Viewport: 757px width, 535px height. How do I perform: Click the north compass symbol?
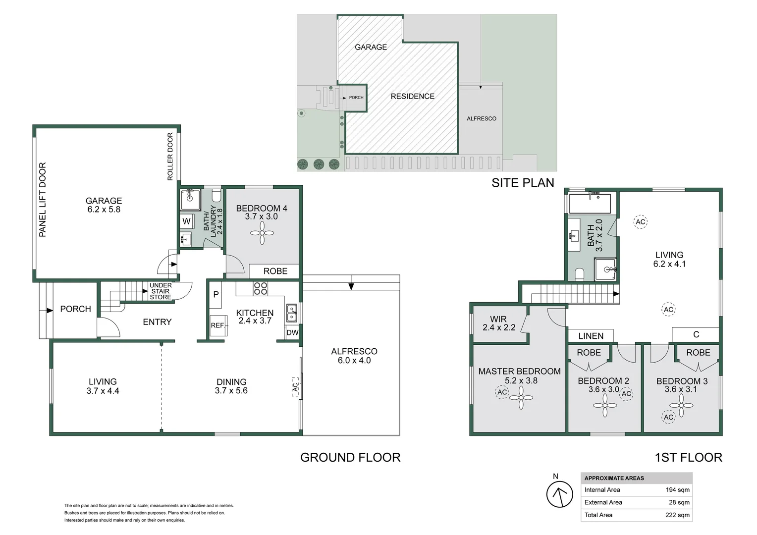click(x=559, y=494)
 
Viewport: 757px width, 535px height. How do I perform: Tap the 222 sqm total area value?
click(x=677, y=515)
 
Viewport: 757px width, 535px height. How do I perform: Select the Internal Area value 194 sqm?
click(x=677, y=489)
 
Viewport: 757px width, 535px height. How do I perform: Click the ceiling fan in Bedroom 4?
click(x=262, y=232)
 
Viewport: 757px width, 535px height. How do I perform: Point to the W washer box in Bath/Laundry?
click(x=186, y=221)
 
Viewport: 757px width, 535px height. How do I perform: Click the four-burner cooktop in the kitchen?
click(x=261, y=288)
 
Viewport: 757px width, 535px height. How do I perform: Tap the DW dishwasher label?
click(x=292, y=332)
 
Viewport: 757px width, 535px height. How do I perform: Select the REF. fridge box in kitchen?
click(x=217, y=325)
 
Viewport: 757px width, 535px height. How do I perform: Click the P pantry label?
click(x=216, y=294)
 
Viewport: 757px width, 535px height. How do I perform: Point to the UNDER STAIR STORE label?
click(x=161, y=291)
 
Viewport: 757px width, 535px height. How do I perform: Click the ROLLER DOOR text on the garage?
click(x=170, y=157)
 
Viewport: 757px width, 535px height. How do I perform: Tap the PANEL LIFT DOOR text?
click(x=43, y=200)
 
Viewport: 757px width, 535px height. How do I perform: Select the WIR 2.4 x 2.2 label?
click(x=498, y=323)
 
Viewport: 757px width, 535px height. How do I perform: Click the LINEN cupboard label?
click(x=591, y=336)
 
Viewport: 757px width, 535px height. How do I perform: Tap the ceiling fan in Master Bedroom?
click(x=521, y=397)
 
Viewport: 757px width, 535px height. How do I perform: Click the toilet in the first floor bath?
click(x=580, y=274)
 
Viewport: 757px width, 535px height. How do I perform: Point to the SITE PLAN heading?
click(x=523, y=183)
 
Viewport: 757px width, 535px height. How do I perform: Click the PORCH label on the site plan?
click(x=356, y=98)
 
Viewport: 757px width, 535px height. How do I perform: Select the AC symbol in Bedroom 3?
click(x=668, y=417)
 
